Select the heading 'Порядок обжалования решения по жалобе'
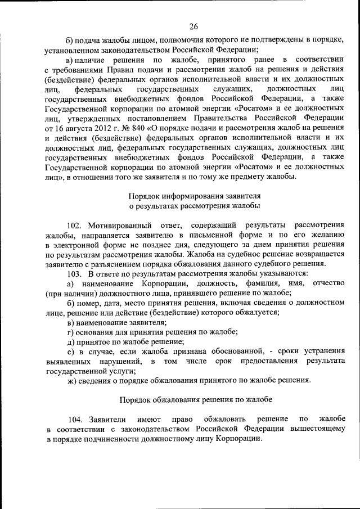tap(194, 400)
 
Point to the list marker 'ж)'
tap(71, 380)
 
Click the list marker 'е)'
tap(70, 352)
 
